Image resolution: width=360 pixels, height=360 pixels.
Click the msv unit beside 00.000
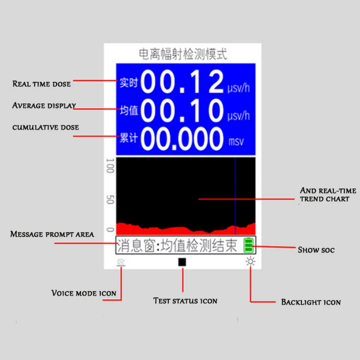[x=236, y=142]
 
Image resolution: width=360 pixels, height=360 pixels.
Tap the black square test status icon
[x=182, y=262]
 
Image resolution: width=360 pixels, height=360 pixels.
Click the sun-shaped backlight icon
[x=250, y=262]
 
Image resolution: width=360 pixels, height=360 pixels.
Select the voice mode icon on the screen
[x=121, y=262]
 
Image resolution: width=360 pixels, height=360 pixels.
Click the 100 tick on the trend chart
[x=110, y=166]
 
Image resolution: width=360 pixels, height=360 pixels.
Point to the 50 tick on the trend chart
[x=110, y=199]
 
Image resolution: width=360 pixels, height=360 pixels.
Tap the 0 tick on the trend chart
[x=110, y=229]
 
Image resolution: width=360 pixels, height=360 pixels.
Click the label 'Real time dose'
[x=42, y=84]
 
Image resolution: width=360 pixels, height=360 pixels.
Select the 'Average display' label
[x=44, y=106]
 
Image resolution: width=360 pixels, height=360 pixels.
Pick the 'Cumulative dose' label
[x=46, y=127]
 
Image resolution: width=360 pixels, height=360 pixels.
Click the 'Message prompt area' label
[x=52, y=234]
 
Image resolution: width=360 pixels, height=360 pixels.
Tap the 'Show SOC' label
[x=316, y=250]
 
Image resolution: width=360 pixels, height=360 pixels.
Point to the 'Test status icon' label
[x=185, y=301]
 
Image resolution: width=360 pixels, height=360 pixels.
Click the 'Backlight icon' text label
[x=311, y=302]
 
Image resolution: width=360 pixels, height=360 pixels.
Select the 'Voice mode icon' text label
[x=84, y=293]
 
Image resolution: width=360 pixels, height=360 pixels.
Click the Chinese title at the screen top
[x=182, y=54]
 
